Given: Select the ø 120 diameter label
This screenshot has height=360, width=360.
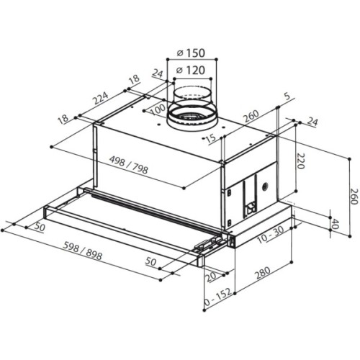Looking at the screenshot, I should coord(190,70).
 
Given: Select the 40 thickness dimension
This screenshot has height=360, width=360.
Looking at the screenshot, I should coord(336,223).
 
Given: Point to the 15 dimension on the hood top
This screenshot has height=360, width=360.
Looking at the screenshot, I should coord(211,138).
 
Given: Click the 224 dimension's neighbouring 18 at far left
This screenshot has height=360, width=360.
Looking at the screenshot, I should coord(64,119).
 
